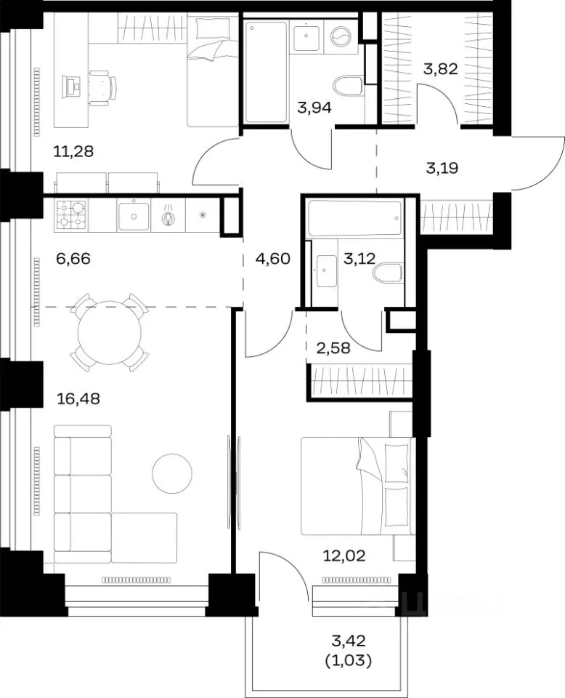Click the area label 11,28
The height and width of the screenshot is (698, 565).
(73, 152)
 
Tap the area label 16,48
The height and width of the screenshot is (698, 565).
(78, 398)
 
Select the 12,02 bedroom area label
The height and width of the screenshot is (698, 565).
(344, 555)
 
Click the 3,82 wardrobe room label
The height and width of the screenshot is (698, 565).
(441, 69)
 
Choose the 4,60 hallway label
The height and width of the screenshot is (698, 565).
(273, 258)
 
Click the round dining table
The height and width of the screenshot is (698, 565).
(110, 332)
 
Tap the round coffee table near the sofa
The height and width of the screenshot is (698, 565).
(172, 473)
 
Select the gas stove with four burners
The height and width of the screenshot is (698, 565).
(71, 215)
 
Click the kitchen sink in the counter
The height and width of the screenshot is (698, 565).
(134, 216)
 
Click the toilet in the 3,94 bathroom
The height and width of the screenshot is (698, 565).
(348, 86)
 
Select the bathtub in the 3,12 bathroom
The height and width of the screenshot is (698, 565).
(355, 218)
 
